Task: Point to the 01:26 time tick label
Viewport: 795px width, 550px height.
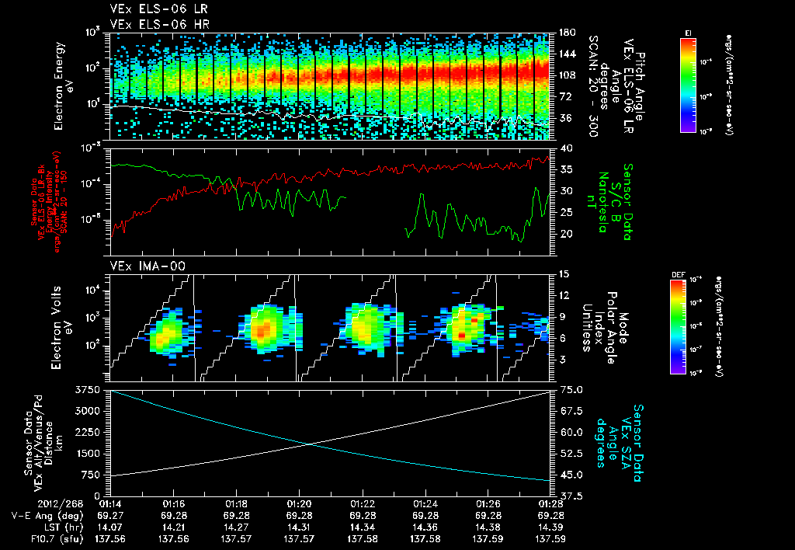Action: click(x=488, y=503)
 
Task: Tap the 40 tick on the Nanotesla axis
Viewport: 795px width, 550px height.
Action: click(x=564, y=148)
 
